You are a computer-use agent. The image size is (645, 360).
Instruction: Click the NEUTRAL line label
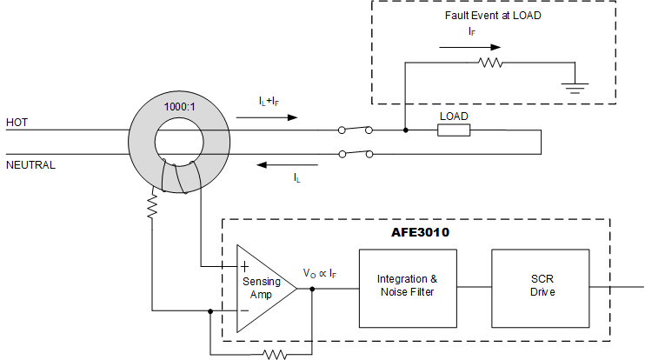point(30,163)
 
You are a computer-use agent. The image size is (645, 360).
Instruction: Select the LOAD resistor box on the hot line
point(453,130)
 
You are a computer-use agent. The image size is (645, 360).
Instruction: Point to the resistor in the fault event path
point(490,63)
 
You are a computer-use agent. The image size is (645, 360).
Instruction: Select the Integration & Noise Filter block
point(407,286)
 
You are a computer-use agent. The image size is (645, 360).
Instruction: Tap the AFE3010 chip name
point(421,232)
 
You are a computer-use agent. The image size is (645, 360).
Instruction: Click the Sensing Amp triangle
point(263,286)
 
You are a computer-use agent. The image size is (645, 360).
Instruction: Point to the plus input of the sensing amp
point(244,265)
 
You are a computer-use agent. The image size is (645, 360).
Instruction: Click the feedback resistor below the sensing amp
point(276,354)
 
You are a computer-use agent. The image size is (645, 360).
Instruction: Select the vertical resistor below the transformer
point(152,208)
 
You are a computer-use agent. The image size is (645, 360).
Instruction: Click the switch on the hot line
point(356,130)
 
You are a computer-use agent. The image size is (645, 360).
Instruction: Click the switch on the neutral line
point(356,155)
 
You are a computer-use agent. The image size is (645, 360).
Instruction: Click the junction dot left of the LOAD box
point(406,130)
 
